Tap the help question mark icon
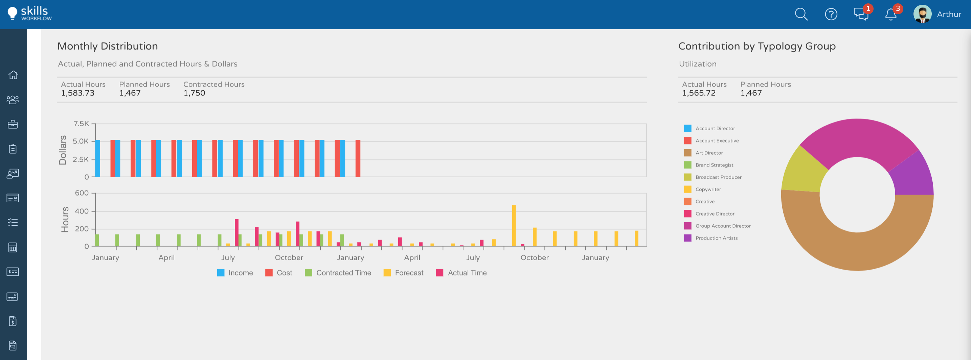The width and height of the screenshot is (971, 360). [831, 14]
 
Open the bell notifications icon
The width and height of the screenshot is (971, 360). [891, 15]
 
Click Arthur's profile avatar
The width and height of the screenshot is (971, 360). [922, 14]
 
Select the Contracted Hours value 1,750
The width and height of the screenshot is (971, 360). [194, 93]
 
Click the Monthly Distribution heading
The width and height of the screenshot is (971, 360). [108, 46]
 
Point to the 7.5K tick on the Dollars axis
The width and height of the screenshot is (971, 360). [81, 123]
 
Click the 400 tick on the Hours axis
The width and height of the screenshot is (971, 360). [82, 211]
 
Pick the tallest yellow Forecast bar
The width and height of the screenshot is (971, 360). [514, 225]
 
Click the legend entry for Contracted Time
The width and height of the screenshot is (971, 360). [338, 273]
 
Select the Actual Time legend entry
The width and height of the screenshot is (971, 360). [461, 273]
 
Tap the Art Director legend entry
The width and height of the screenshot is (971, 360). [709, 153]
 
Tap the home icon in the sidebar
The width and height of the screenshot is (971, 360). [13, 75]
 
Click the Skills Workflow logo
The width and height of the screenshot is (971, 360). [30, 14]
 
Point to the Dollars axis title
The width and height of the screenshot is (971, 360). [63, 150]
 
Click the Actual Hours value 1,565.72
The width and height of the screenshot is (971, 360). [698, 93]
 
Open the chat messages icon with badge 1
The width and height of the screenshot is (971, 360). [861, 14]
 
